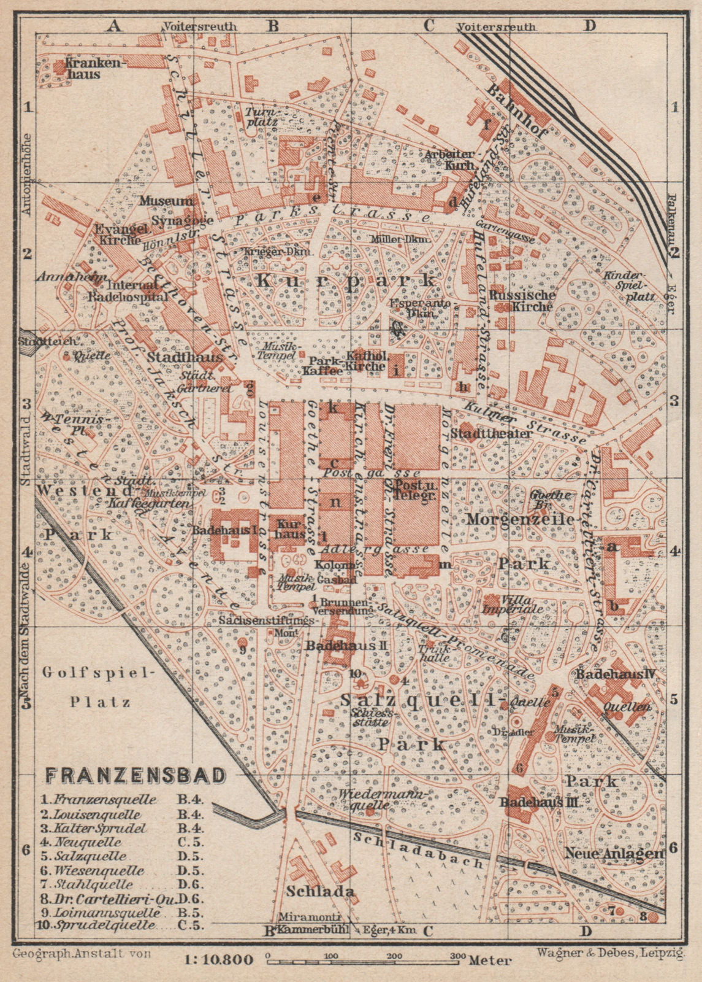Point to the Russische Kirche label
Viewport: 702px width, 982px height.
click(x=522, y=300)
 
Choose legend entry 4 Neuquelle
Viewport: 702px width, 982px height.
click(x=89, y=842)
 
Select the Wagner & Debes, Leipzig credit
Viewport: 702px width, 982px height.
click(x=609, y=953)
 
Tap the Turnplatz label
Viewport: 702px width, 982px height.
click(x=262, y=117)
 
